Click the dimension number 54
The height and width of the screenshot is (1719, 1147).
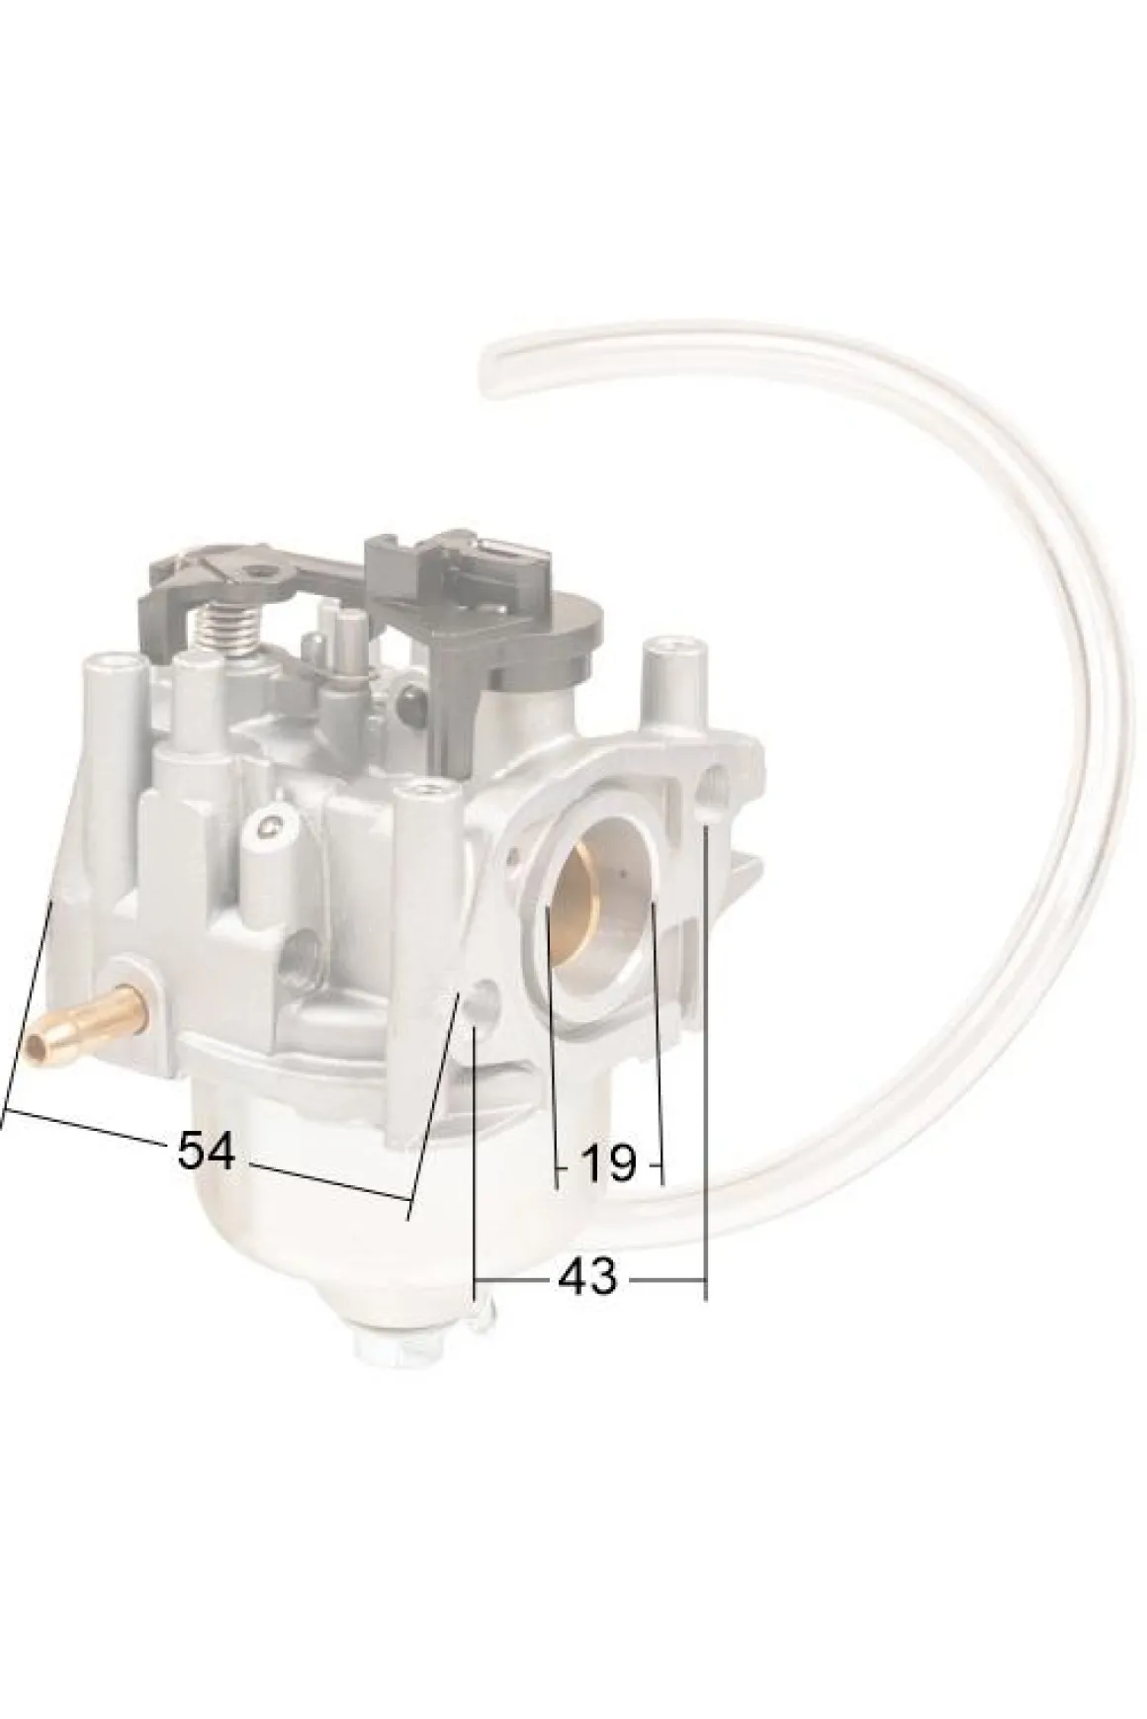point(206,1150)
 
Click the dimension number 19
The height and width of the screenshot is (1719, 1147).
point(608,1164)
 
